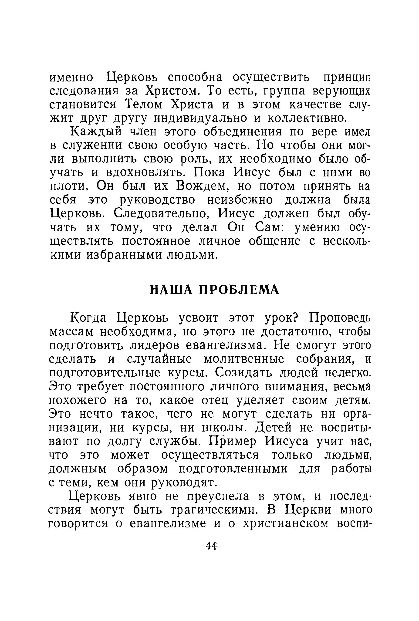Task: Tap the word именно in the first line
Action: [x=72, y=78]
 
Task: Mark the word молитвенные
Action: [x=244, y=359]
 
